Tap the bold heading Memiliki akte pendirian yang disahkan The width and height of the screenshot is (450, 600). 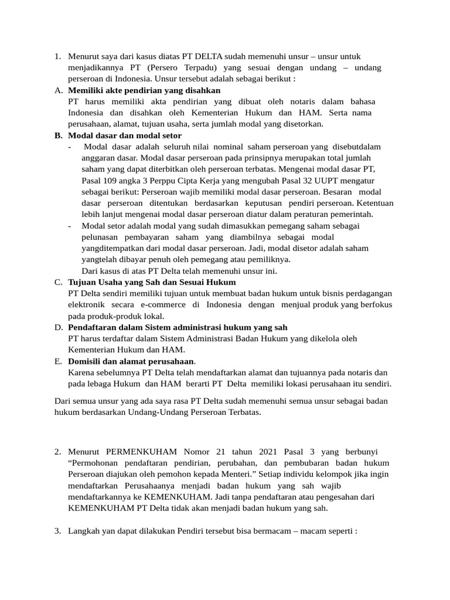pyautogui.click(x=144, y=90)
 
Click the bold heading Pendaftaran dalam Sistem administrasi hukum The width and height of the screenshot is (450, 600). pyautogui.click(x=178, y=327)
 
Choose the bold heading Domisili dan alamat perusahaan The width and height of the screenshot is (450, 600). pyautogui.click(x=131, y=362)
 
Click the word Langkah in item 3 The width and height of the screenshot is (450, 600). pyautogui.click(x=85, y=531)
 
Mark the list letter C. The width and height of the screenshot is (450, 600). pyautogui.click(x=58, y=282)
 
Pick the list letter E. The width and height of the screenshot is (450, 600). pyautogui.click(x=58, y=362)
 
